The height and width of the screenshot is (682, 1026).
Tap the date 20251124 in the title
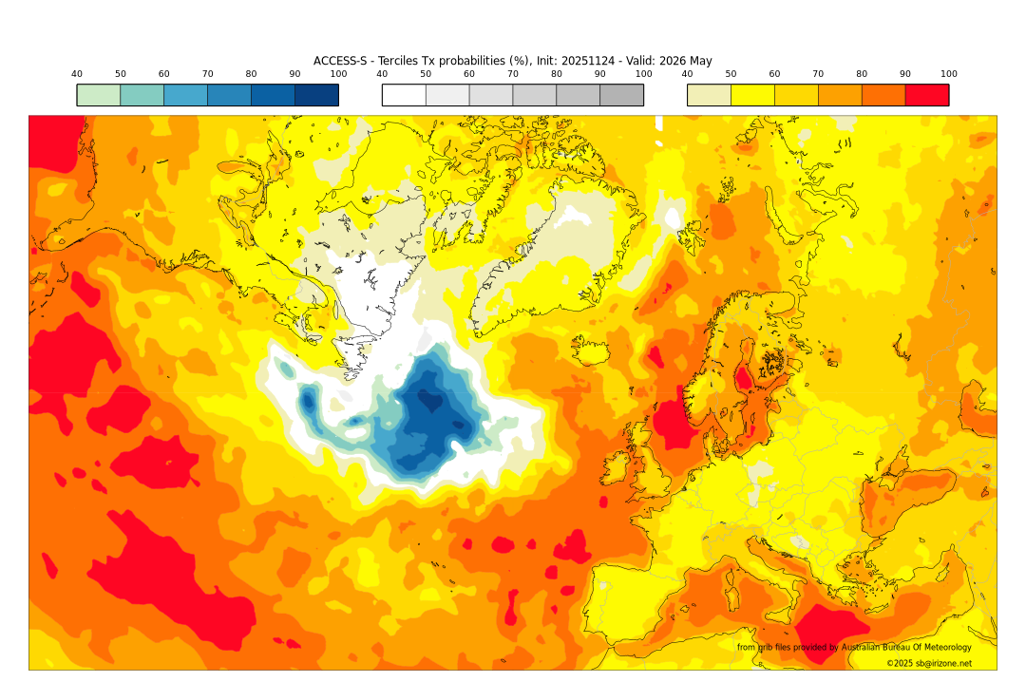tap(590, 61)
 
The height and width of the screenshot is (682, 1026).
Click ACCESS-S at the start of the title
tap(339, 61)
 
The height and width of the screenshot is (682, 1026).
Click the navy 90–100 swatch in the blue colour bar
tap(316, 95)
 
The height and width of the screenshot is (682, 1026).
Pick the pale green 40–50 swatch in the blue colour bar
tap(98, 95)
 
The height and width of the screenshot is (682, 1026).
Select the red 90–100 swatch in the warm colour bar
tap(926, 95)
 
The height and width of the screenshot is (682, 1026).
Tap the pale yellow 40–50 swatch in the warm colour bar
tap(709, 95)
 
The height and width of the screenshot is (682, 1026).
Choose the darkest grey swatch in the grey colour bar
tap(621, 95)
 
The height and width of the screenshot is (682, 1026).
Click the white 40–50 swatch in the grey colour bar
tap(404, 95)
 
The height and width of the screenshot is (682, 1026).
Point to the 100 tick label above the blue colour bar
tap(338, 74)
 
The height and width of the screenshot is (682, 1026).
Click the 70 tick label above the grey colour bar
tap(513, 74)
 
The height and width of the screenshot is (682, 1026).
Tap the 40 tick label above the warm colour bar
tap(687, 74)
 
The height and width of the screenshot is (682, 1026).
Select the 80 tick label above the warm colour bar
tap(862, 74)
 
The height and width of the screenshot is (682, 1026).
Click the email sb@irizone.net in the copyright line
tap(943, 663)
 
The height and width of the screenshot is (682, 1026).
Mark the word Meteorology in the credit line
tap(941, 647)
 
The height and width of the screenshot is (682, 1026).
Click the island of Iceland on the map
tap(593, 353)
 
